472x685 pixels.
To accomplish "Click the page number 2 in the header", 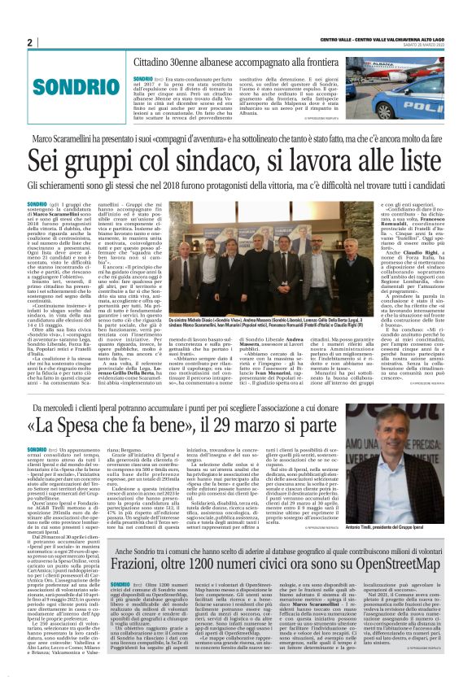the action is click(x=29, y=42).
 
